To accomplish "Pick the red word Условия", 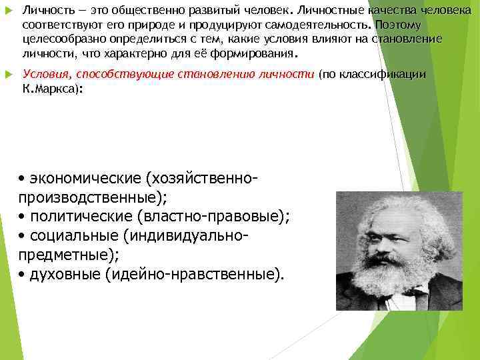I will [x=43, y=74].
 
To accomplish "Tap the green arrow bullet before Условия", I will [x=7, y=74].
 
